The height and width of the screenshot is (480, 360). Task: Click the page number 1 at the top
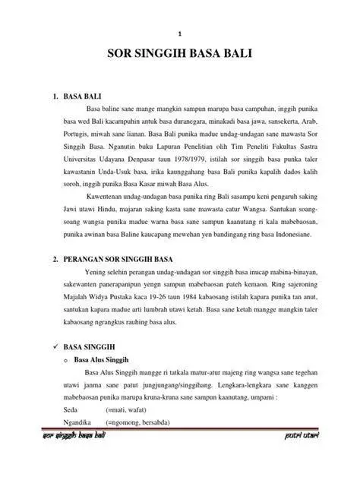[x=179, y=33]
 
